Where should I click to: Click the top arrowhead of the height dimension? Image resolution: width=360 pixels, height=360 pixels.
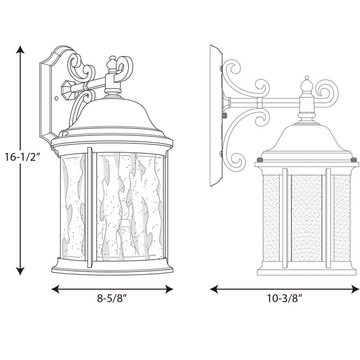(x=20, y=49)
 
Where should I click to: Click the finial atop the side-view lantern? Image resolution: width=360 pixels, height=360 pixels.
(x=307, y=82)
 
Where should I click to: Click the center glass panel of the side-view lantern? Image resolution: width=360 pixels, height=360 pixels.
(x=307, y=216)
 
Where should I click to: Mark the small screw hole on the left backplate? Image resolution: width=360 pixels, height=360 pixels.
(x=56, y=96)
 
